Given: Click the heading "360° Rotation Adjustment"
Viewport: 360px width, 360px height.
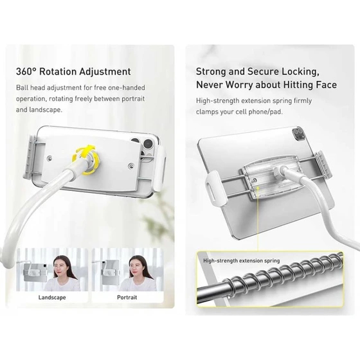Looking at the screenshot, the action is [73, 71].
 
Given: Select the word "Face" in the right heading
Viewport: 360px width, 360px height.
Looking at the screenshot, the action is [327, 85].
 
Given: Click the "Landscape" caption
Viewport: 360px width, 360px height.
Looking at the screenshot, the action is [52, 298].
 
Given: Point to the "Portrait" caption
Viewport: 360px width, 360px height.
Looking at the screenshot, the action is [127, 297].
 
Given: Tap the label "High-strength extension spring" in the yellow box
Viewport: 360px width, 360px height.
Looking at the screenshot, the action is [242, 261].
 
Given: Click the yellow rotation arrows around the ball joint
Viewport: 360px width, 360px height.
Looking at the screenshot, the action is [86, 158].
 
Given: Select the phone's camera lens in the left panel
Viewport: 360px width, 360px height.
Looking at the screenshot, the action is [148, 145].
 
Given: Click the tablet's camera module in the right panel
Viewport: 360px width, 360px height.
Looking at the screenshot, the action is [299, 134].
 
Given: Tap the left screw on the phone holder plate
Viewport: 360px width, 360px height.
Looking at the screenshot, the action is [50, 158].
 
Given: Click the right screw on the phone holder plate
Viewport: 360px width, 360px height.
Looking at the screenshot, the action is [131, 165].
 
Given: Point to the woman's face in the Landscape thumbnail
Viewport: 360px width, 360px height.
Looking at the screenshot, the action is [60, 267].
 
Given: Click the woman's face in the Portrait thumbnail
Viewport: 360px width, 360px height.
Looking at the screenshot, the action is [136, 267].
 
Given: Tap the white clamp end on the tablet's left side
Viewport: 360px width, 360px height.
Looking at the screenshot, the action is [214, 186].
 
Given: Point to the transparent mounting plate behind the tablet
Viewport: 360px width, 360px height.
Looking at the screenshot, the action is [271, 179].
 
